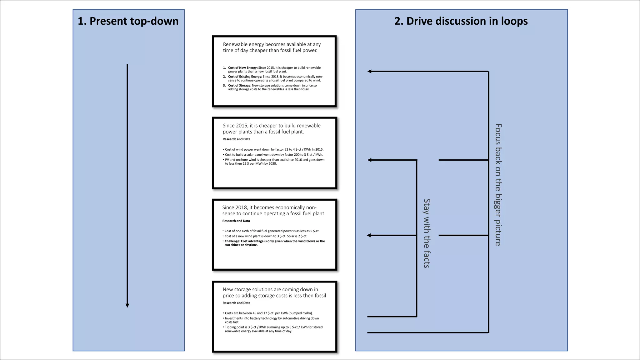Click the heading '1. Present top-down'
coord(128,21)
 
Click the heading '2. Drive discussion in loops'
coord(461,21)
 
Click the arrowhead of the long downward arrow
coord(127,305)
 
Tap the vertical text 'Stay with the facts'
coord(427,233)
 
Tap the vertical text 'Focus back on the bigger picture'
coord(498,184)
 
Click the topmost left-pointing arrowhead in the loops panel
coord(370,71)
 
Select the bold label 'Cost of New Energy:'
coord(242,68)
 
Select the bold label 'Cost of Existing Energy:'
coord(245,77)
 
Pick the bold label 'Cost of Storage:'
coord(239,85)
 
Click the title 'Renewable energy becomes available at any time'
coord(271,47)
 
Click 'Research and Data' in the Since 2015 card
coord(236,139)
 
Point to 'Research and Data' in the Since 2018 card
coord(236,221)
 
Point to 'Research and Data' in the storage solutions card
coord(236,303)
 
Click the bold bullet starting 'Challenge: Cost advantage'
coord(274,243)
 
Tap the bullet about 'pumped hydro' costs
coord(268,313)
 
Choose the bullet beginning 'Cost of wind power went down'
coord(274,150)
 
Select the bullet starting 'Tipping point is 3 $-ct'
coord(273,329)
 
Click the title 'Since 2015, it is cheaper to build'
coord(271,129)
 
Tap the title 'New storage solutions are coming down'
coord(274,292)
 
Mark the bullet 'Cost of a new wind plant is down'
coord(266,236)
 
